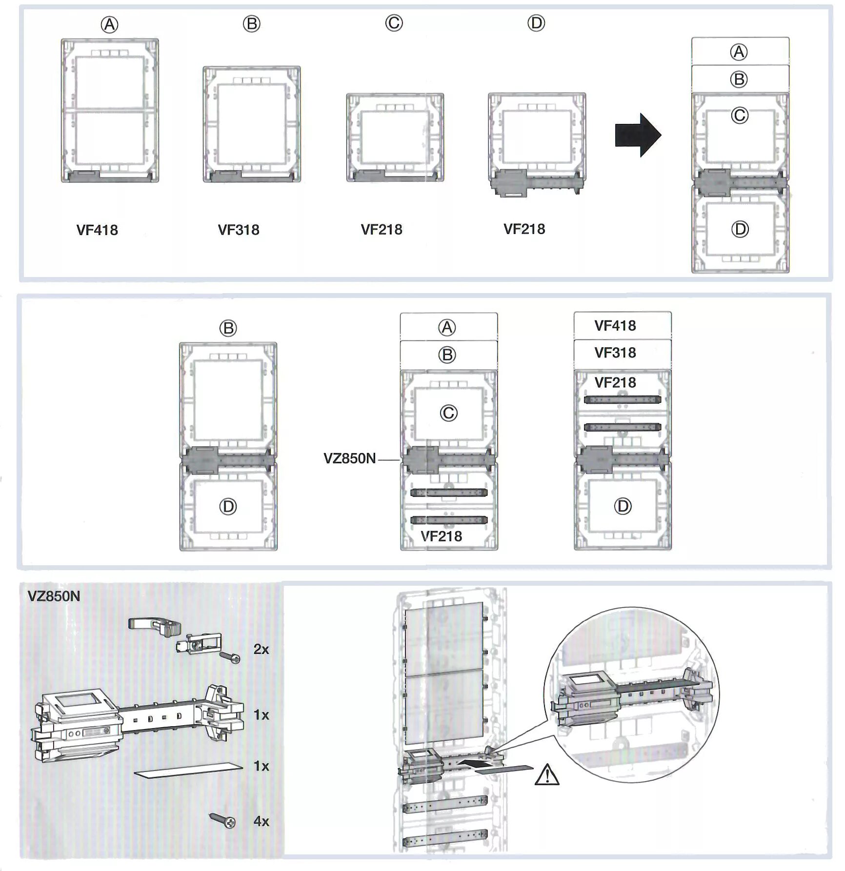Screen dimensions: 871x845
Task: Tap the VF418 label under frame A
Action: pos(97,230)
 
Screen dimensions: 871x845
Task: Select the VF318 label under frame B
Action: pos(239,230)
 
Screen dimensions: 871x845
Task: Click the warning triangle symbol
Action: pos(547,775)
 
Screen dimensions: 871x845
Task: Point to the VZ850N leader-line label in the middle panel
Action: pos(350,458)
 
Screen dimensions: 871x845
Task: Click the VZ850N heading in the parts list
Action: pos(54,596)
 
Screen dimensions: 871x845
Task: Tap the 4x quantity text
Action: pos(261,821)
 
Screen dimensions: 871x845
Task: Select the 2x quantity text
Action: pos(261,649)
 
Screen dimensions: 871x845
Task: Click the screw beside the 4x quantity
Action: pos(222,820)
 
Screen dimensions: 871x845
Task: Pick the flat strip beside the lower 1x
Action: pos(188,771)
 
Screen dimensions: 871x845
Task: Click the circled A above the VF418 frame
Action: pos(109,24)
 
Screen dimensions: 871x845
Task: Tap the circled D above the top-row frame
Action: pos(536,23)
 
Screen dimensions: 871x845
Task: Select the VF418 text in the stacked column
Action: pos(615,326)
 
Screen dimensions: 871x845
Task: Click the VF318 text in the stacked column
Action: pos(615,353)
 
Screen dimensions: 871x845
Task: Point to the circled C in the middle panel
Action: pos(448,413)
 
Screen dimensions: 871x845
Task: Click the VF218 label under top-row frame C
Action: pos(382,230)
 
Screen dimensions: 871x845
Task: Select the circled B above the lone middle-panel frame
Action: pos(228,328)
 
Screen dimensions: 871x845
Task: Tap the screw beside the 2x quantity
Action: pos(230,657)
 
